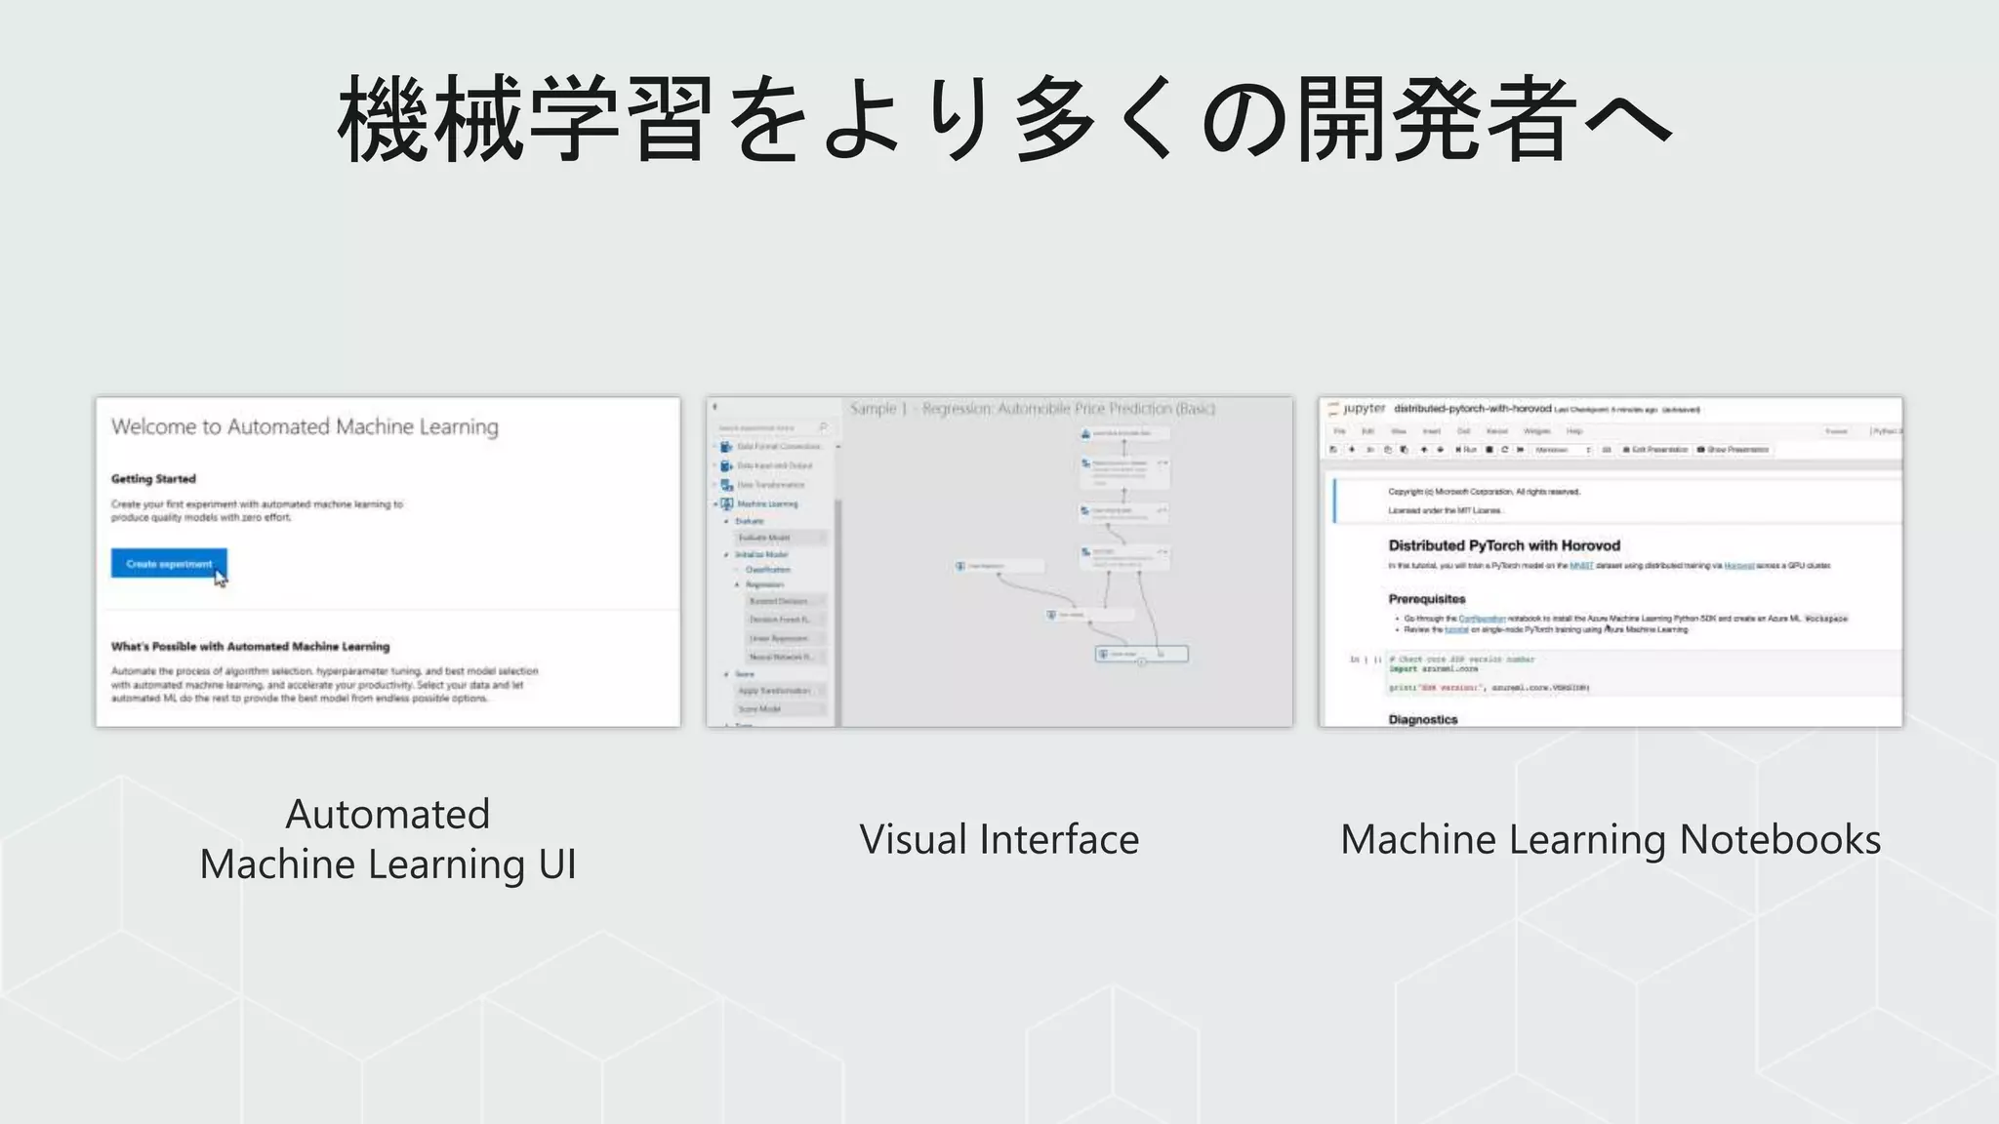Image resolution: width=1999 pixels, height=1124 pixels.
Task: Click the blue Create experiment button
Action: pyautogui.click(x=168, y=564)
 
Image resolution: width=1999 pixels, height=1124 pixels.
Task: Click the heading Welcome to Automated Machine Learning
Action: pyautogui.click(x=305, y=426)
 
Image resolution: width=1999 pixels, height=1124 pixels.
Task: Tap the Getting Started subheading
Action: pyautogui.click(x=153, y=479)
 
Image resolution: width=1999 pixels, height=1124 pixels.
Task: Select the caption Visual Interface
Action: pyautogui.click(x=999, y=839)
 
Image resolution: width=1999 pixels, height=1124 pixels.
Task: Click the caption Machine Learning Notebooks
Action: pyautogui.click(x=1610, y=839)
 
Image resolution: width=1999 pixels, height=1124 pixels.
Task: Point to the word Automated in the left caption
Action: pyautogui.click(x=388, y=814)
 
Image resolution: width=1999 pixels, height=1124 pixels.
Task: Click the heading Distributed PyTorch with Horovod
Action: pyautogui.click(x=1503, y=545)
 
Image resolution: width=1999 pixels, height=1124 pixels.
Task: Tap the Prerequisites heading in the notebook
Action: pyautogui.click(x=1426, y=599)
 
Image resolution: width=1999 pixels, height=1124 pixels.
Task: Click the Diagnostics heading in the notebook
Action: pyautogui.click(x=1422, y=719)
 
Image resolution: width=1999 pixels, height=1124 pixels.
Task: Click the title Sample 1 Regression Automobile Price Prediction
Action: pyautogui.click(x=1032, y=409)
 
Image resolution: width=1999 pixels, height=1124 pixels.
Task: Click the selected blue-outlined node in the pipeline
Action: pyautogui.click(x=1141, y=654)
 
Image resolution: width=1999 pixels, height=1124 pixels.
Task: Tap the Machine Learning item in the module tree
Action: pyautogui.click(x=767, y=503)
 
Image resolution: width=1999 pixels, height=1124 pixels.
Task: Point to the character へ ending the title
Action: pyautogui.click(x=1627, y=119)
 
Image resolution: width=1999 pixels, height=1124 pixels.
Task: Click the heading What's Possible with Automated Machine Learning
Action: pyautogui.click(x=250, y=646)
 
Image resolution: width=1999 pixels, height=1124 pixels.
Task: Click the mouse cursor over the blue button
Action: pyautogui.click(x=220, y=578)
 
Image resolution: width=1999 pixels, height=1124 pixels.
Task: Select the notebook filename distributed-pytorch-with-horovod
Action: pyautogui.click(x=1472, y=409)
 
